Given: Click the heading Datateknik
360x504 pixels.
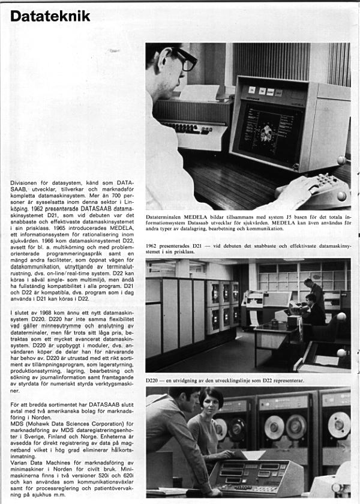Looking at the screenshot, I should [x=50, y=16].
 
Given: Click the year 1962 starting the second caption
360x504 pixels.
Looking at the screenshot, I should [x=153, y=245].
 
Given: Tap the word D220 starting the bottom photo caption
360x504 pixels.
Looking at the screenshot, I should [x=153, y=380].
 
